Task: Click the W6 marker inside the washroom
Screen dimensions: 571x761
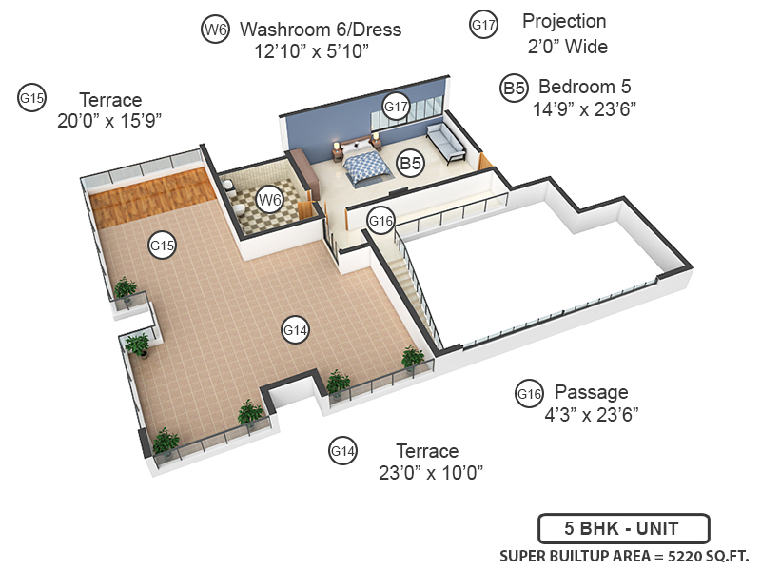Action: point(271,200)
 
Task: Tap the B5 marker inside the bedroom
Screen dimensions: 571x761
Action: point(410,164)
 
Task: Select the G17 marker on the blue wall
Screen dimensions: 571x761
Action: point(396,106)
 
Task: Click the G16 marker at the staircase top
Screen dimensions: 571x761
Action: point(380,222)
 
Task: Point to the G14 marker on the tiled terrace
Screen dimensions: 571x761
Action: point(296,330)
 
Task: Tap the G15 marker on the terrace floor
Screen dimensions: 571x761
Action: point(163,245)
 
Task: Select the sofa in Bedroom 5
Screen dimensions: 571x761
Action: point(444,141)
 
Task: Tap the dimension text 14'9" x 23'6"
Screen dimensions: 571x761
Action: point(584,109)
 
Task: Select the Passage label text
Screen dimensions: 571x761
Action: point(591,392)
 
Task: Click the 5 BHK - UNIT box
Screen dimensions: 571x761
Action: point(623,527)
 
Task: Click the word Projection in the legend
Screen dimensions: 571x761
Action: point(564,21)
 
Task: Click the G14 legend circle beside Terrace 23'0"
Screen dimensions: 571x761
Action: point(342,450)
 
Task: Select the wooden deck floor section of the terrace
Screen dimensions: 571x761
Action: point(152,196)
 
